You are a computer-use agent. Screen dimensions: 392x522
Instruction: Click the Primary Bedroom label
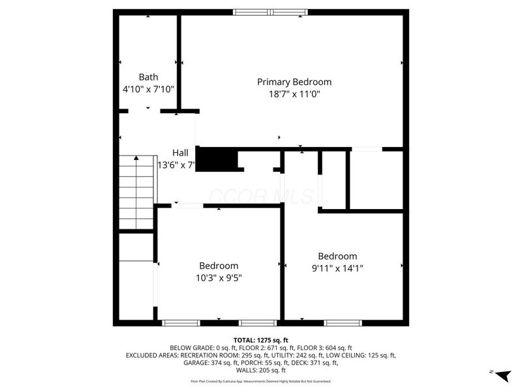(294, 82)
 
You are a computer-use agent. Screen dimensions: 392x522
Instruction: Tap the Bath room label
(148, 77)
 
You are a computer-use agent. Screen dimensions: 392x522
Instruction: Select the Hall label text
(180, 152)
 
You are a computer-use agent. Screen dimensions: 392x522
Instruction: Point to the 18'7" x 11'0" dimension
(294, 94)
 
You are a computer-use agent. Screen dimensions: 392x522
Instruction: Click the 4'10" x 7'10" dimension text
(148, 89)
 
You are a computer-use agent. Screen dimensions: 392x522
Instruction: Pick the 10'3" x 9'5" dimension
(219, 278)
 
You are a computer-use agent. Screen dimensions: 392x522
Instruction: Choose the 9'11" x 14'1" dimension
(337, 267)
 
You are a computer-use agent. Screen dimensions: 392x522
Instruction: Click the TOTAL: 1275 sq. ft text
(261, 340)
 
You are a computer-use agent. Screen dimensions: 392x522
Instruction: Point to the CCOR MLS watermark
(261, 195)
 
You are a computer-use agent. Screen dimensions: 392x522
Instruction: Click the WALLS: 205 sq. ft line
(261, 370)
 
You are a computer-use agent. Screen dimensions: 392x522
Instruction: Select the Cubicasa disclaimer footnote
(261, 381)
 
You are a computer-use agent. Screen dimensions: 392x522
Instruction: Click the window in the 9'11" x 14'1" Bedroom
(343, 322)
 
